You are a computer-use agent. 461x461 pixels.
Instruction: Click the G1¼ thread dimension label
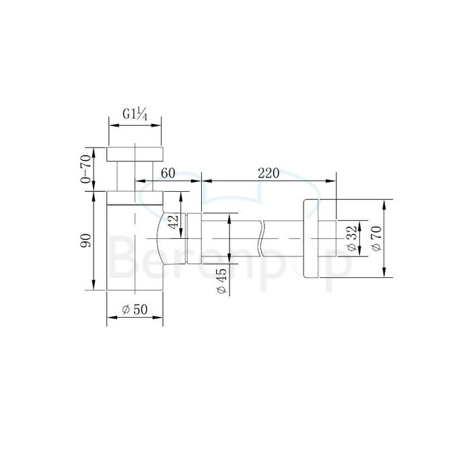pos(135,113)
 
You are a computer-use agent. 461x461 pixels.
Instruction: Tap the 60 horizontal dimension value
pos(168,173)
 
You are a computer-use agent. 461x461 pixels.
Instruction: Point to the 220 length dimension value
pos(269,173)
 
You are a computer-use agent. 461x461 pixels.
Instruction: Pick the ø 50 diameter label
pos(135,310)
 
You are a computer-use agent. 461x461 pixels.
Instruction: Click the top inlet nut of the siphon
pos(135,153)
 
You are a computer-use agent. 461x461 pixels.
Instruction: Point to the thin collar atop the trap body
pos(135,198)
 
